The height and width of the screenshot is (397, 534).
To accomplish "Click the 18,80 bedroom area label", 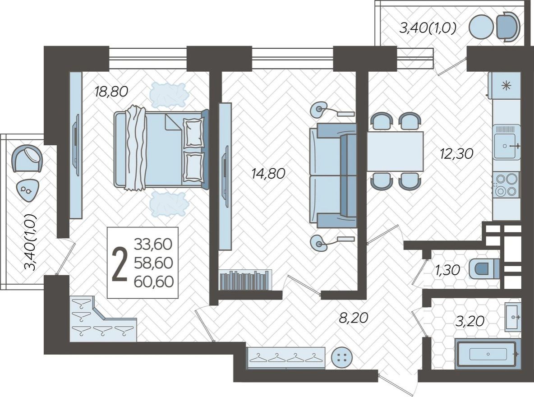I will (x=111, y=92).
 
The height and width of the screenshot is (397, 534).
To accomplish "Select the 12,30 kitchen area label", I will (x=456, y=154).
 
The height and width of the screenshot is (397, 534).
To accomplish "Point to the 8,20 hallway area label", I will (x=354, y=318).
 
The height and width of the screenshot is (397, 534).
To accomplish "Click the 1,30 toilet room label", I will (x=447, y=270).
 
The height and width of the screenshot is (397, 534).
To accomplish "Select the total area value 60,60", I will (x=153, y=282).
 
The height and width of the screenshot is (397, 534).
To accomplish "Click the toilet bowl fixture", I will (x=483, y=269).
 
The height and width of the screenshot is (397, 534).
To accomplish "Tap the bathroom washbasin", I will (x=512, y=317).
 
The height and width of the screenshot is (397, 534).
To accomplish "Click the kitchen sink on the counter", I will (x=506, y=143).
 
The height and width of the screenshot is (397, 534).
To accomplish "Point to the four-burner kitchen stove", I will (x=506, y=185).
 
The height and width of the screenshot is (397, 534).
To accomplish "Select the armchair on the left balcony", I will (x=27, y=158).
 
